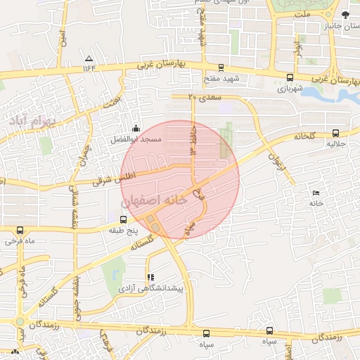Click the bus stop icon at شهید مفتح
pyautogui.click(x=221, y=68)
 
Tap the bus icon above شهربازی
pyautogui.click(x=290, y=78)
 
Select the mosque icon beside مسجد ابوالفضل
pyautogui.click(x=136, y=129)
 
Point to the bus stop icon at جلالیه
pyautogui.click(x=335, y=133)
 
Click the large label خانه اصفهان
pyautogui.click(x=165, y=200)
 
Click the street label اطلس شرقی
pyautogui.click(x=112, y=180)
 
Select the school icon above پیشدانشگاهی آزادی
pyautogui.click(x=150, y=277)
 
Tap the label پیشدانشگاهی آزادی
pyautogui.click(x=150, y=288)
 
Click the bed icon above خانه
pyautogui.click(x=316, y=193)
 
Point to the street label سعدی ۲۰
pyautogui.click(x=205, y=97)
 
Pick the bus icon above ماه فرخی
pyautogui.click(x=20, y=230)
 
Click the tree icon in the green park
pyautogui.click(x=345, y=15)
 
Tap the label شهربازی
pyautogui.click(x=290, y=89)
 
